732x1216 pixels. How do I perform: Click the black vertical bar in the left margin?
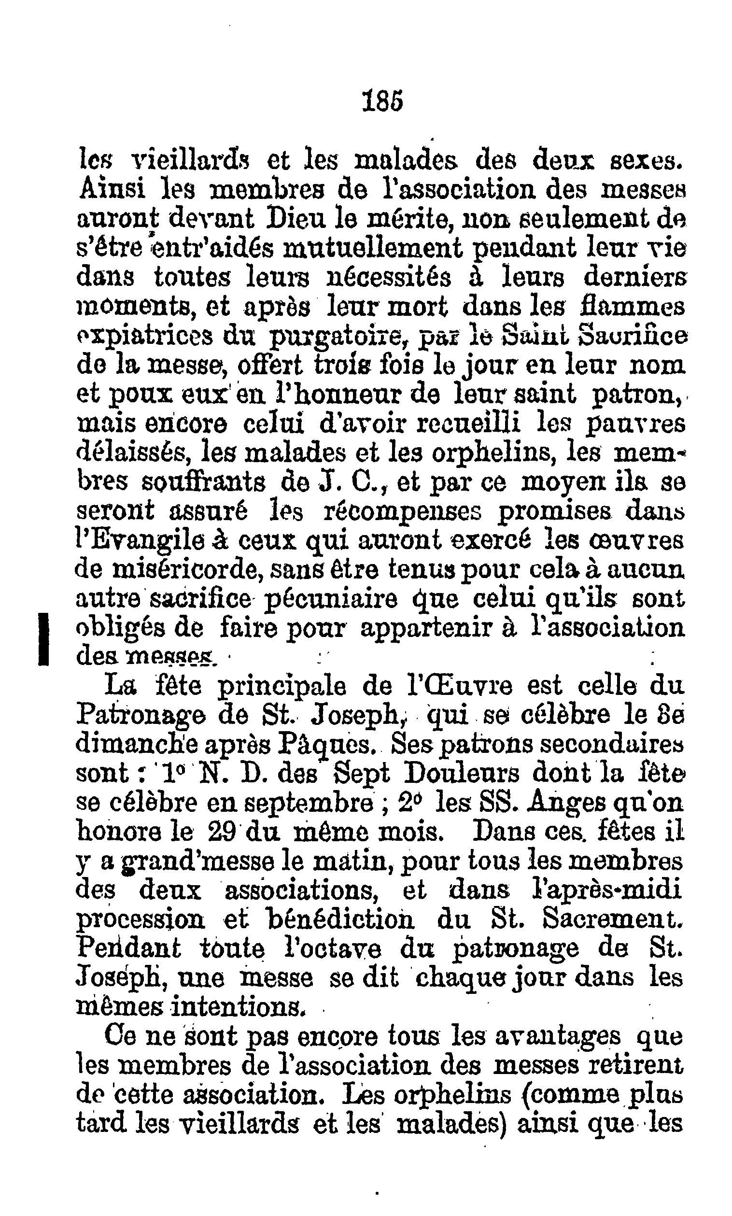44,639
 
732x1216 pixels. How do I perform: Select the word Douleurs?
461,774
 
